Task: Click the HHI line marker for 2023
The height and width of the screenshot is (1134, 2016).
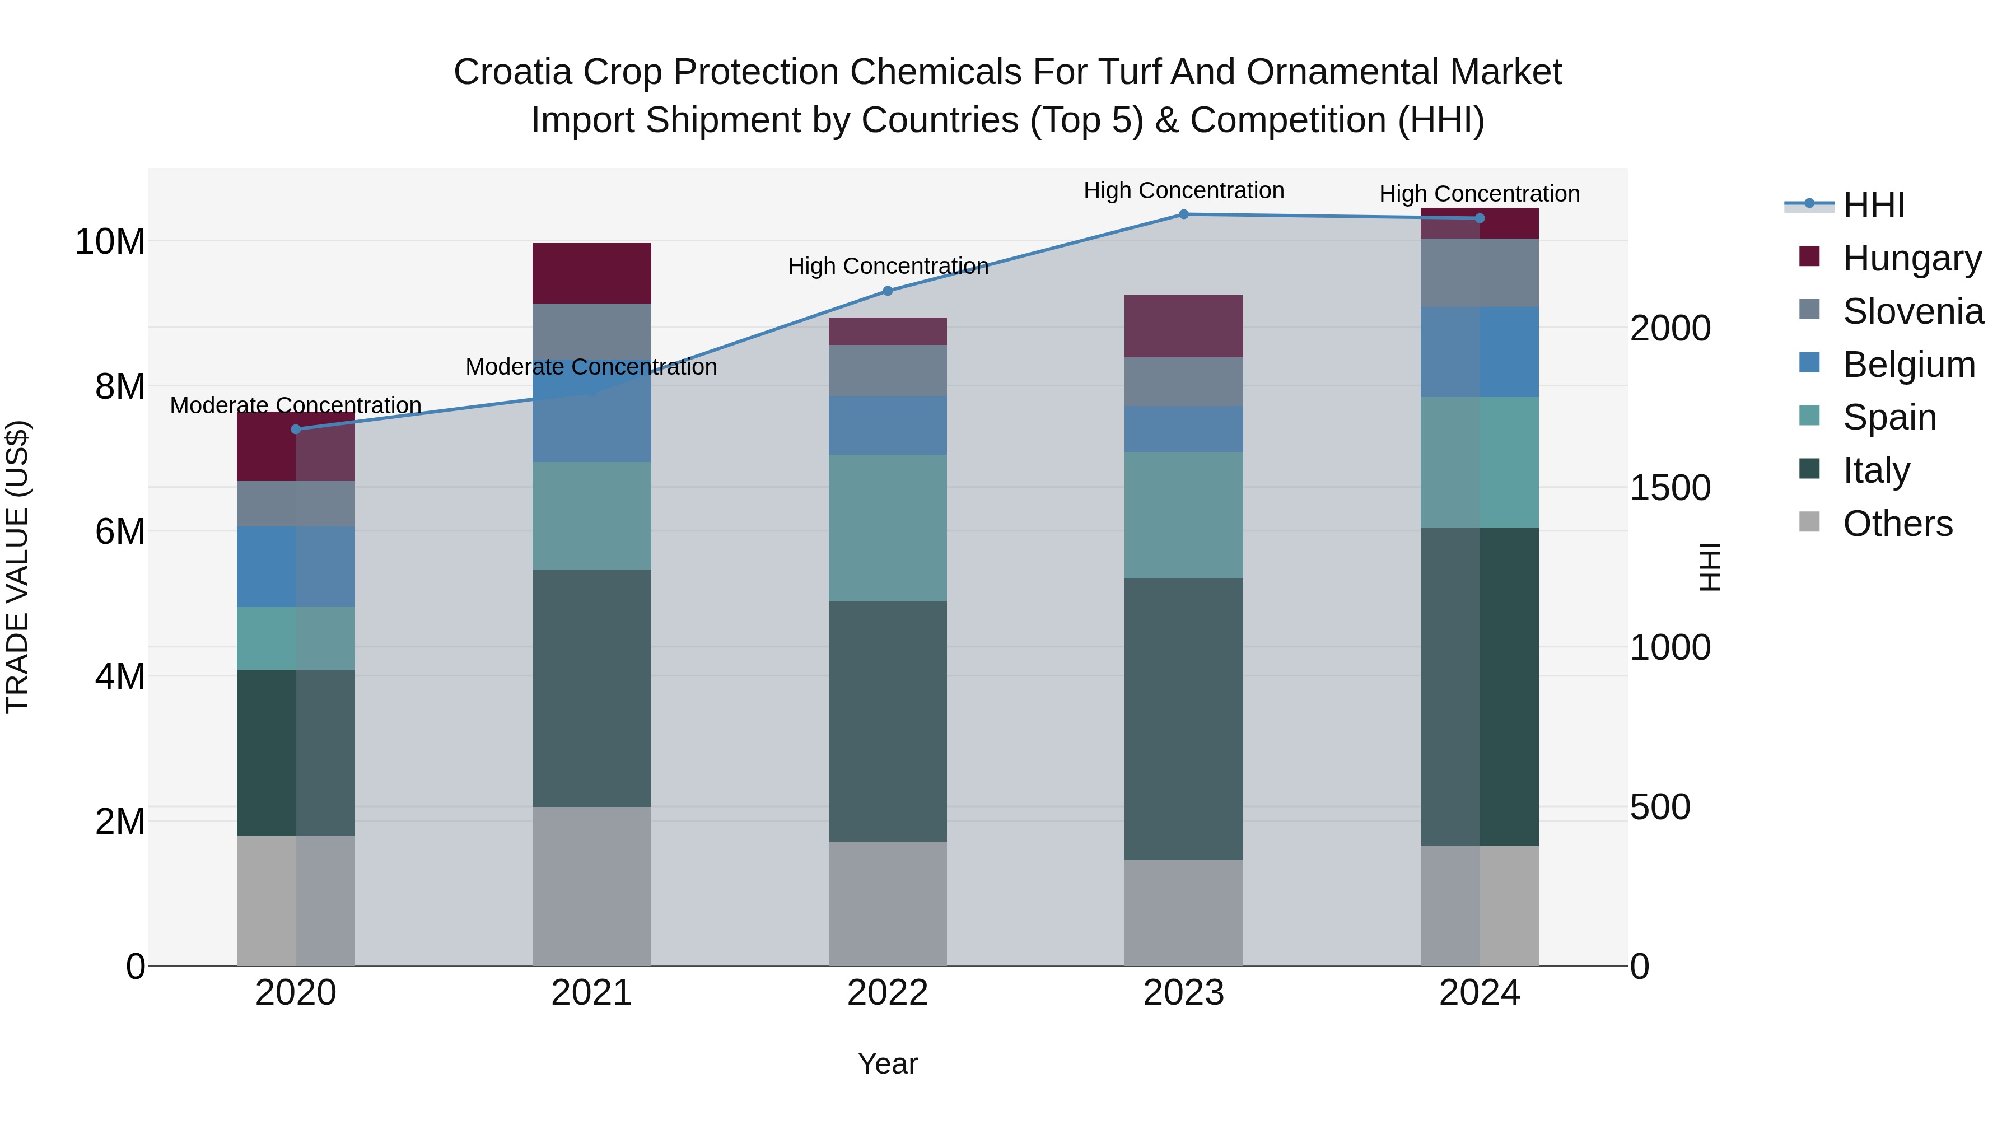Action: tap(1183, 214)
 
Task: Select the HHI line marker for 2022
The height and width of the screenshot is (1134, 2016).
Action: tap(888, 291)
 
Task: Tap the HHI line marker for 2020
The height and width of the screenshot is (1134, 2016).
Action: tap(296, 430)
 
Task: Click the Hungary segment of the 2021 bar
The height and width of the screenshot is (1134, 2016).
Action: tap(592, 273)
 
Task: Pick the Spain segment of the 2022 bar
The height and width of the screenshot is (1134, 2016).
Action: tap(888, 528)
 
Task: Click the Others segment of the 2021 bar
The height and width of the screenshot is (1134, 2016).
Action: tap(592, 886)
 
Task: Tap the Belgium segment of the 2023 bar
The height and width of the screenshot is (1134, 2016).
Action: tap(1183, 429)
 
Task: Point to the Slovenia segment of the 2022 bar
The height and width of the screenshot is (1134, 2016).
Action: tap(888, 370)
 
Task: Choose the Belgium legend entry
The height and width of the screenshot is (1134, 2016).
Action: tap(1908, 365)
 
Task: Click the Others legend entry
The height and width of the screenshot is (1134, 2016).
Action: tap(1897, 524)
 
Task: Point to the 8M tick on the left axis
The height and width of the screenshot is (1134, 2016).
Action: tap(120, 386)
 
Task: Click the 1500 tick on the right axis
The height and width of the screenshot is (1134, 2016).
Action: tap(1669, 488)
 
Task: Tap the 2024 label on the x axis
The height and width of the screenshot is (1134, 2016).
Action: tap(1479, 993)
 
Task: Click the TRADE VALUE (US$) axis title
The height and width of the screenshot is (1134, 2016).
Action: tap(17, 567)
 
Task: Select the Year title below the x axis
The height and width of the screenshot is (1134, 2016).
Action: tap(888, 1063)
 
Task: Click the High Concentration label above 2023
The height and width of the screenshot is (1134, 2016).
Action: tap(1183, 190)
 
